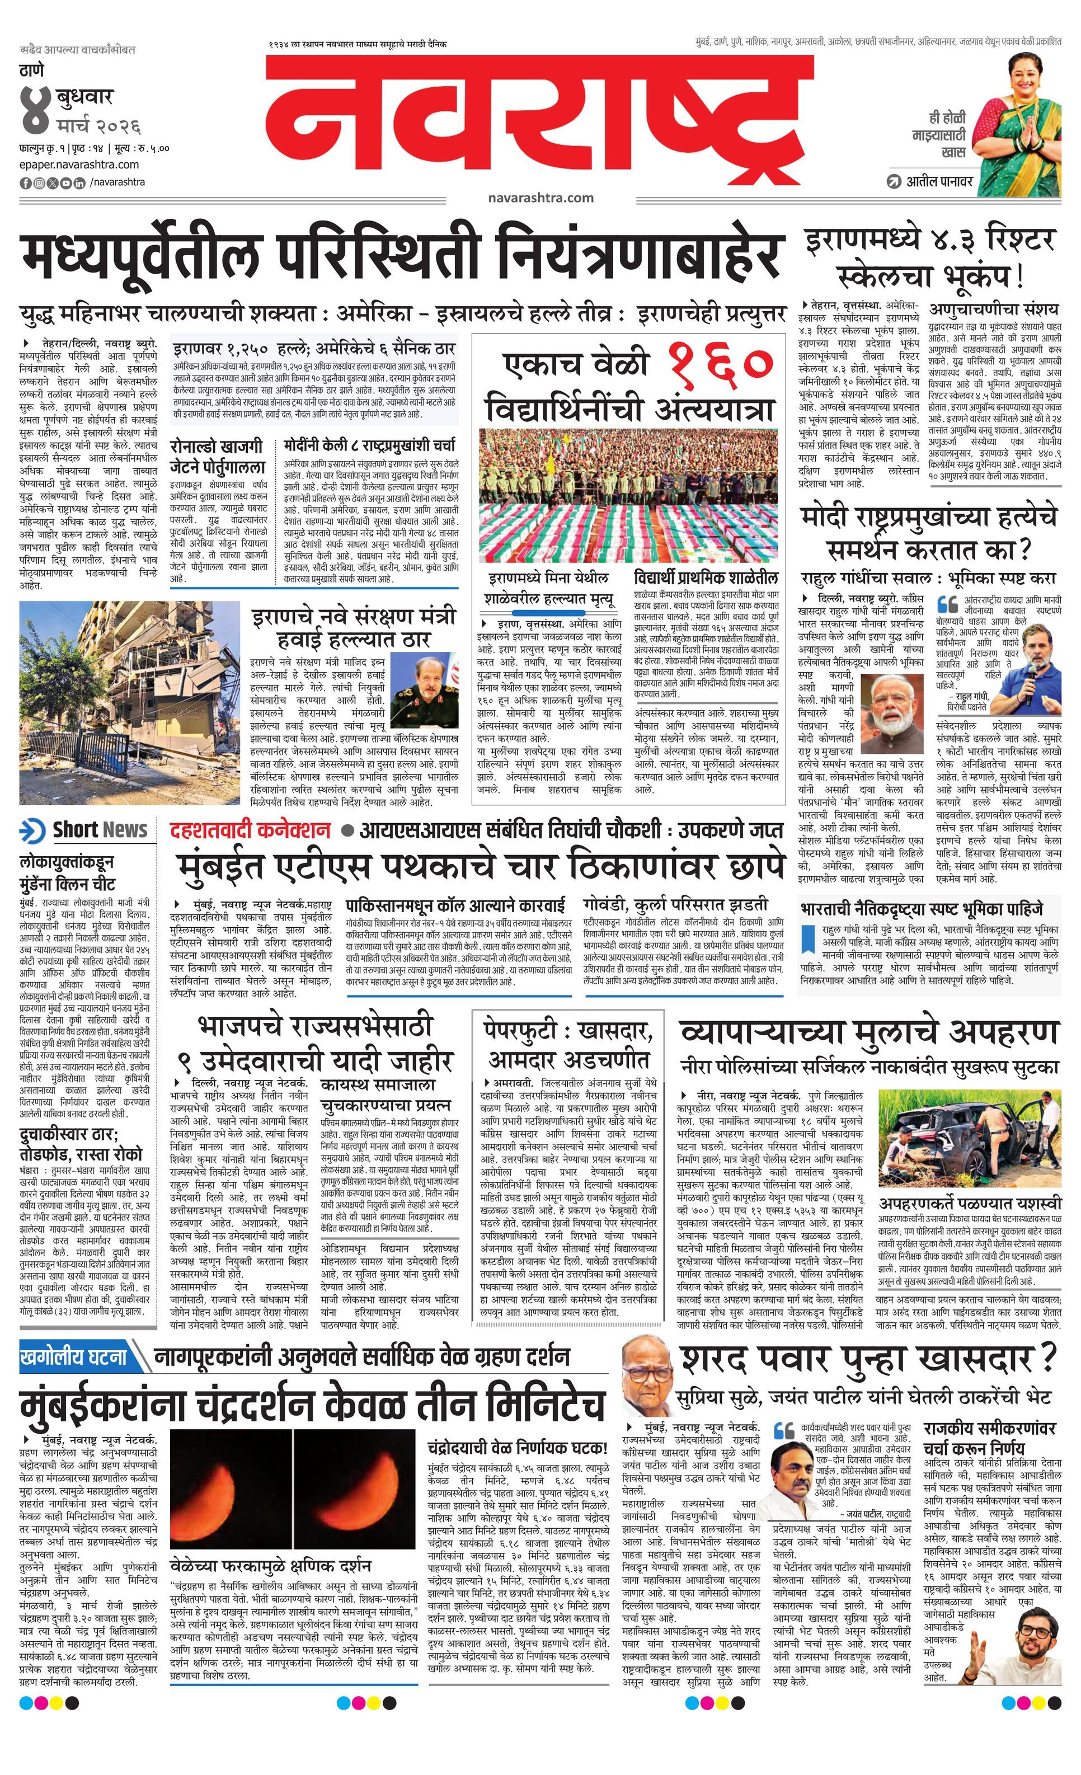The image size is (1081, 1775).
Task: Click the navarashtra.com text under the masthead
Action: click(x=540, y=198)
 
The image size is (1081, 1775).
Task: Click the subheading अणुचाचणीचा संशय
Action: click(x=994, y=310)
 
